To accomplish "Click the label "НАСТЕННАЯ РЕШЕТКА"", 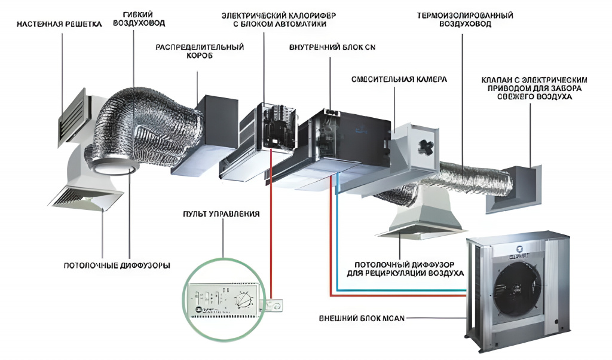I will pyautogui.click(x=59, y=25).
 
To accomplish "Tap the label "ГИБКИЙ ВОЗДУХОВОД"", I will pyautogui.click(x=139, y=19).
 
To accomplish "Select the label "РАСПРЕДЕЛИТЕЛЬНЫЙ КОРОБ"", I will pyautogui.click(x=200, y=51).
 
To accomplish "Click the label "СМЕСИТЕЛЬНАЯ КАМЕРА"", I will pyautogui.click(x=399, y=79).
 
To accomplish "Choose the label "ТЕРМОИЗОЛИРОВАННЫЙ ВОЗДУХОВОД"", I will pyautogui.click(x=465, y=19).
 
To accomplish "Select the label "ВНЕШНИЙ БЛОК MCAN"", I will pyautogui.click(x=362, y=318).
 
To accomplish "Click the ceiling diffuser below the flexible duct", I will pyautogui.click(x=87, y=194).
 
